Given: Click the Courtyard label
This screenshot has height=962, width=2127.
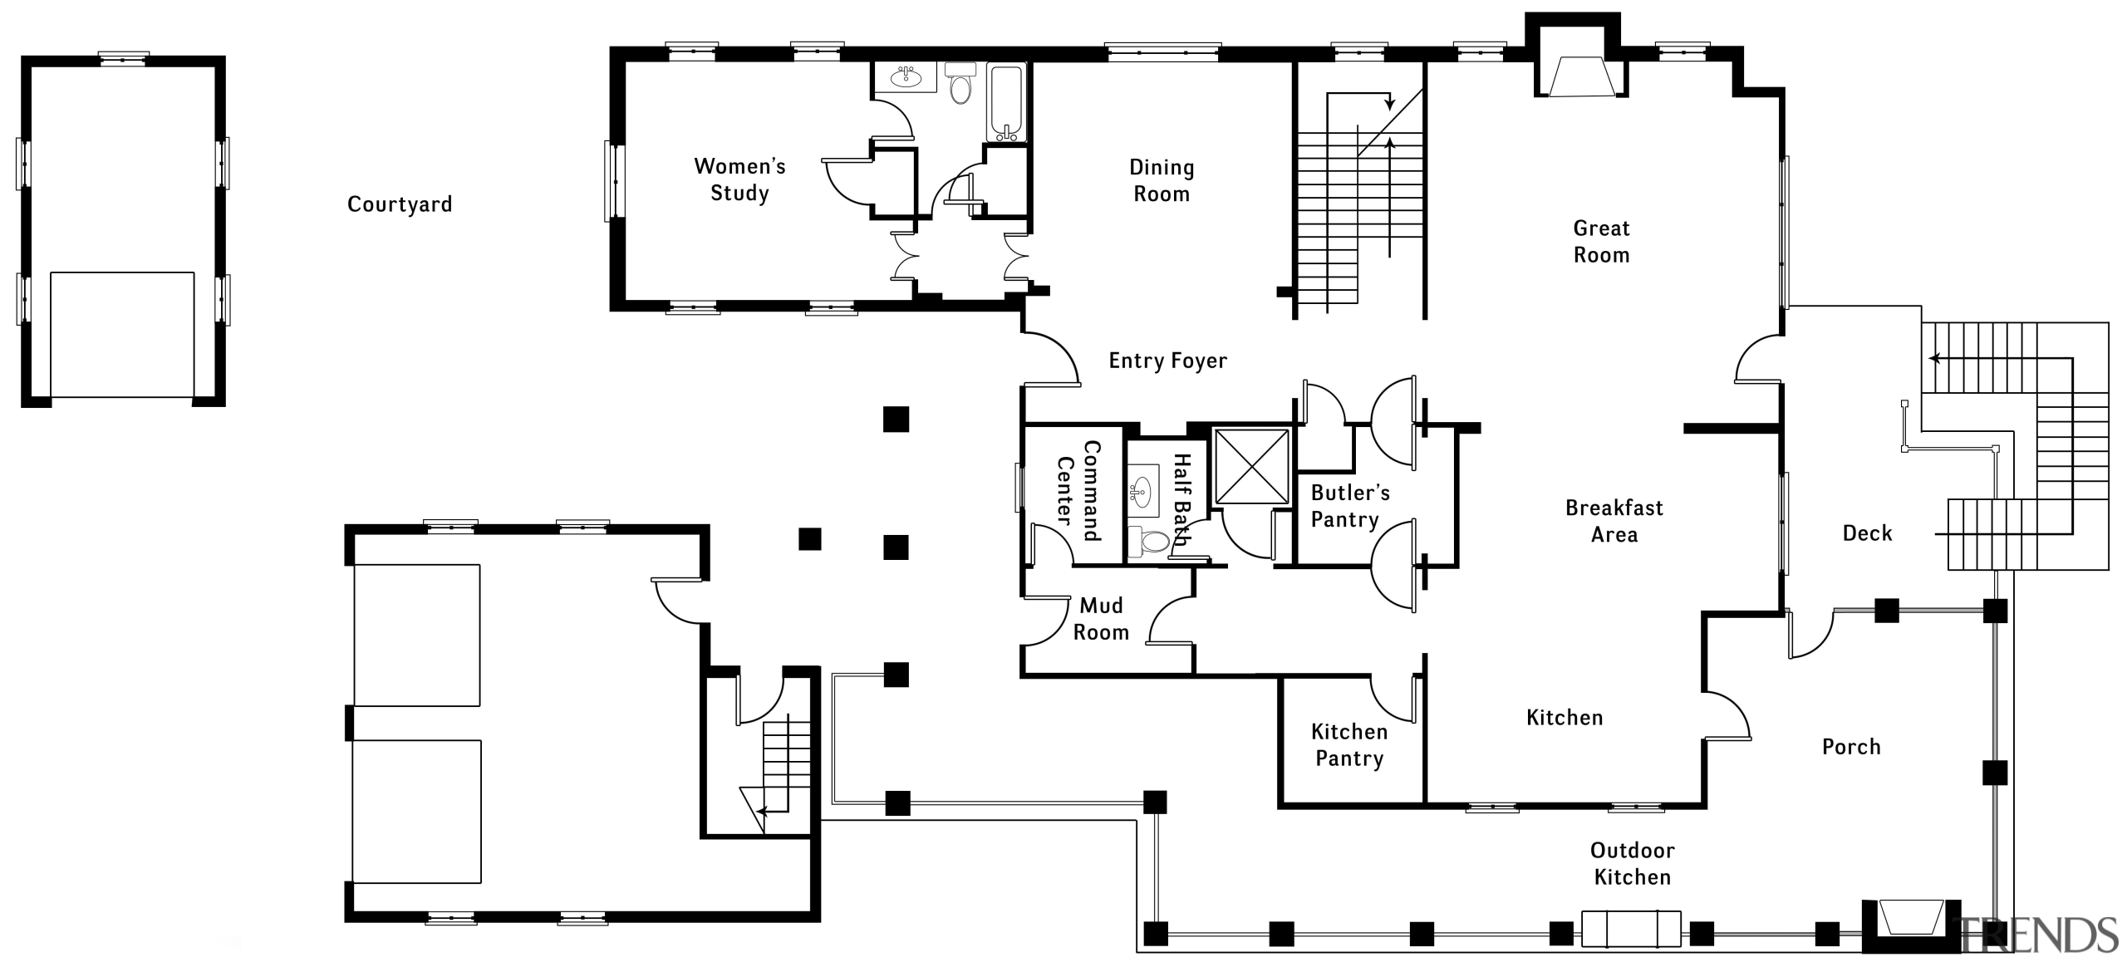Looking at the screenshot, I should [400, 204].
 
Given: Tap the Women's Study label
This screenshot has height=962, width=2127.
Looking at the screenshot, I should [739, 179].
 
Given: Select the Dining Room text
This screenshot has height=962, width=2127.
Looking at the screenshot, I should [1162, 180].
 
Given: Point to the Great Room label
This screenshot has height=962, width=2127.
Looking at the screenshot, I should [1601, 241].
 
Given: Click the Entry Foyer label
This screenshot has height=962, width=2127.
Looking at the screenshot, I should [1167, 361].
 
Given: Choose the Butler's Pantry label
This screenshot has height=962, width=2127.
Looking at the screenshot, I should [1349, 506].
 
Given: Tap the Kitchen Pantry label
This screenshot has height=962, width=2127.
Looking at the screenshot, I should [1349, 744].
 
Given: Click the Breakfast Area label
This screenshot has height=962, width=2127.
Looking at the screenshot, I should [1614, 521].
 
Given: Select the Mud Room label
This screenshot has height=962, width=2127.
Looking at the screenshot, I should [1101, 618].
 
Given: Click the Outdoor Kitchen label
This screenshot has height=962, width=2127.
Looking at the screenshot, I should [1632, 863].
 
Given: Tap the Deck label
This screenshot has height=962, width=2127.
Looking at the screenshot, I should [1867, 533].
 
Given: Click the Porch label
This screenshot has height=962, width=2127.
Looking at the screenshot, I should [1851, 747].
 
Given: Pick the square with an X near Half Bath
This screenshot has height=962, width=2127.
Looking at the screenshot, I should [1251, 466].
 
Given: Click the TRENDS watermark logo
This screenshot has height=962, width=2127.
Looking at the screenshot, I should [2041, 935].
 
